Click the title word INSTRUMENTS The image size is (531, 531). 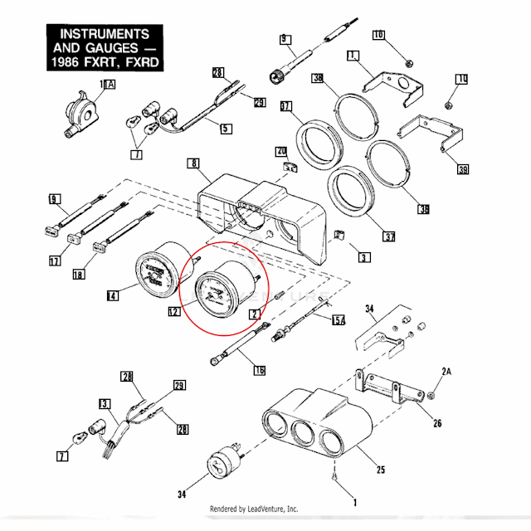coord(98,35)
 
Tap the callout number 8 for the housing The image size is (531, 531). coord(193,165)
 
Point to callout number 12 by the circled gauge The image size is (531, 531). coord(173,313)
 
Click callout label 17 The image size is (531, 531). coord(54,262)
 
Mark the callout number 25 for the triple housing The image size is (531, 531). coord(380,470)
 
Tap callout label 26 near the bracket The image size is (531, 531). coord(436,422)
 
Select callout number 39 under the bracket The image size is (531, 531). coord(462,170)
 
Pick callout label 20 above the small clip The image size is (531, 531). coord(280,152)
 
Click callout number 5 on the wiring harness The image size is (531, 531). coord(226,128)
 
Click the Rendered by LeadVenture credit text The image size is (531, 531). coord(253,509)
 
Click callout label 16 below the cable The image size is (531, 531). coord(259,369)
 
